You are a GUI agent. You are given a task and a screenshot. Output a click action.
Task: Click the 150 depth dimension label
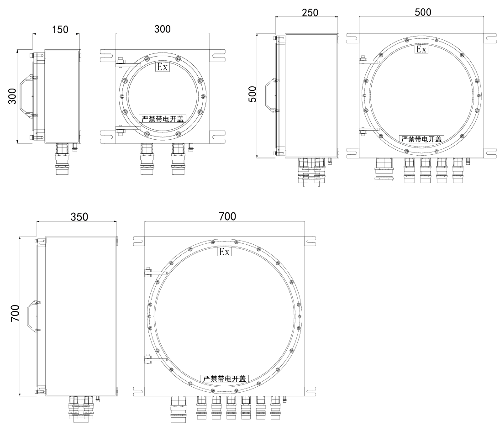[x=60, y=29]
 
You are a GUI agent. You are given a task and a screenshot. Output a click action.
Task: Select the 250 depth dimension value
[x=310, y=12]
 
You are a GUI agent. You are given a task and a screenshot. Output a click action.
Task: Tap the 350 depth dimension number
[x=79, y=217]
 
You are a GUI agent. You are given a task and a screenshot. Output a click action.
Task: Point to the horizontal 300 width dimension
[x=162, y=29]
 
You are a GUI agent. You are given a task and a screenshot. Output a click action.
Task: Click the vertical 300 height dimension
[x=12, y=96]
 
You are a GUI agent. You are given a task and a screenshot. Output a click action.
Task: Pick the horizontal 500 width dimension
[x=423, y=12]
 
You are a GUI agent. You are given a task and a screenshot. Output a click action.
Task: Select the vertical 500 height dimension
[x=252, y=94]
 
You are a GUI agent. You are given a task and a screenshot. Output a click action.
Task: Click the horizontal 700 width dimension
[x=227, y=216]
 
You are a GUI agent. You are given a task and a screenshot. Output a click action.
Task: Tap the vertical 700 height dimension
[x=15, y=313]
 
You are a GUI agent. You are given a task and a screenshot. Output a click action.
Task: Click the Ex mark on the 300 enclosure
[x=162, y=67]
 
